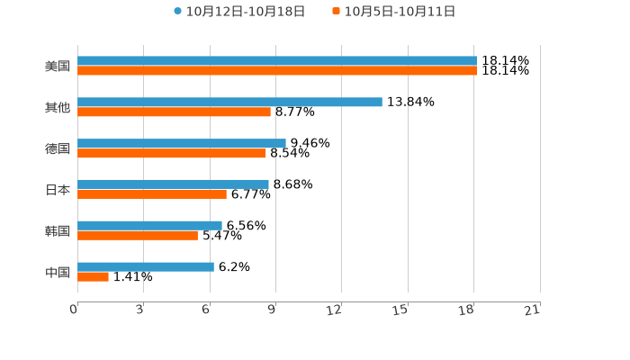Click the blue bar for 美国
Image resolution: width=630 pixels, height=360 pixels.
tap(276, 61)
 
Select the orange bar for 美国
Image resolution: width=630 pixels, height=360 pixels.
tap(276, 71)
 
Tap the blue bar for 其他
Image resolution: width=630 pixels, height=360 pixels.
tap(229, 102)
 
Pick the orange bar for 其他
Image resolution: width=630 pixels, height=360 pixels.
tap(174, 112)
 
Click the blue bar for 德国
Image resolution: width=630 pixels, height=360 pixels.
tap(182, 143)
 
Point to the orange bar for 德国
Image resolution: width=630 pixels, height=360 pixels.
tap(172, 154)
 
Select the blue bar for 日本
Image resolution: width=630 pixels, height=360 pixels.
tap(173, 184)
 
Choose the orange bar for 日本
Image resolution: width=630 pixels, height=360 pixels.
tap(152, 194)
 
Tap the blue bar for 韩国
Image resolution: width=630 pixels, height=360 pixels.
tap(149, 225)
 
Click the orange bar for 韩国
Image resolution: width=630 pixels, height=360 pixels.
tap(138, 236)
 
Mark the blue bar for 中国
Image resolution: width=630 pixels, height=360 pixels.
tap(146, 266)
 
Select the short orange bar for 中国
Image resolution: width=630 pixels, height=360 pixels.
tap(93, 277)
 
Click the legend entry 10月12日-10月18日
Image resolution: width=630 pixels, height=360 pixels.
tap(239, 12)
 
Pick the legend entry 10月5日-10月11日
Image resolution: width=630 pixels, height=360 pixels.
tap(394, 12)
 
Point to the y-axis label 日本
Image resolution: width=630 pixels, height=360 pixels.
tap(58, 190)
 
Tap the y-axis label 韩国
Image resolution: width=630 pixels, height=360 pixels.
tap(58, 230)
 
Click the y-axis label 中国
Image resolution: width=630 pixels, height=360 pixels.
tap(58, 272)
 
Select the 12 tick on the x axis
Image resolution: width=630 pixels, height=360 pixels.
tap(335, 310)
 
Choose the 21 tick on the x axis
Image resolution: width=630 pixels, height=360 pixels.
tap(533, 310)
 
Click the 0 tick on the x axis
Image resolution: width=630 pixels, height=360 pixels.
tap(74, 310)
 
